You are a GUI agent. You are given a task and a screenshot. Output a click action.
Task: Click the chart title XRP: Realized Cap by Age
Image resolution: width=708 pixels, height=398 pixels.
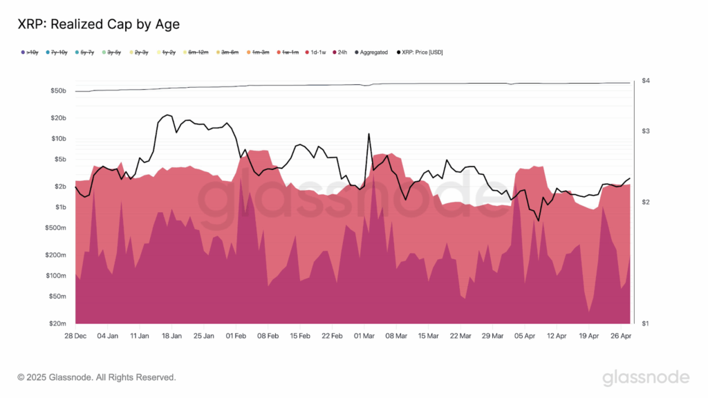pos(98,24)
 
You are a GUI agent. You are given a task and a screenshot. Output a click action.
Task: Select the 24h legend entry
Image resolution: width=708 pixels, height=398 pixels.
pos(340,53)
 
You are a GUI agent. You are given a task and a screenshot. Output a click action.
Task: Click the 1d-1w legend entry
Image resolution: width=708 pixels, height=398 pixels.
pos(317,53)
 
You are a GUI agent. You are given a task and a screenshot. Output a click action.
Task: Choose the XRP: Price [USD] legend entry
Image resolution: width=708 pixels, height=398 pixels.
pos(420,53)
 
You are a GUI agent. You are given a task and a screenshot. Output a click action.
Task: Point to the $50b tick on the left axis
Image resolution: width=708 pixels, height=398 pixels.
pos(58,91)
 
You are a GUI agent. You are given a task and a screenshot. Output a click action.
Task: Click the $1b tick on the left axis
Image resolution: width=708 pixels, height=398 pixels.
pos(60,207)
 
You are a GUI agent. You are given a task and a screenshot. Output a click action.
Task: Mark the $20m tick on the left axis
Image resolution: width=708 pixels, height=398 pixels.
pos(58,323)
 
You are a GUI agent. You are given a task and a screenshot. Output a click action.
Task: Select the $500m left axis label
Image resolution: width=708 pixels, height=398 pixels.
pos(56,227)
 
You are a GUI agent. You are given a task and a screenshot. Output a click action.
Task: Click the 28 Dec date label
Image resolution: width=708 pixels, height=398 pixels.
pos(75,336)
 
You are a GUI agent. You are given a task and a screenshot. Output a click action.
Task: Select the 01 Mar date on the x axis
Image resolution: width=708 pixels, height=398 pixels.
pos(364,336)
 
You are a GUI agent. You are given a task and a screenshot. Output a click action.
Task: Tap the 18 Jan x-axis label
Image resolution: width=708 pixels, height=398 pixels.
pos(171,336)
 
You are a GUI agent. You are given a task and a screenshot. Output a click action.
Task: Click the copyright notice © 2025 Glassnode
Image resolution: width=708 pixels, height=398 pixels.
pos(97,377)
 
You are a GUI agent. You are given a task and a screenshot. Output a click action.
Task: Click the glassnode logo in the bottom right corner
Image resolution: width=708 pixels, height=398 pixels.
pos(646,377)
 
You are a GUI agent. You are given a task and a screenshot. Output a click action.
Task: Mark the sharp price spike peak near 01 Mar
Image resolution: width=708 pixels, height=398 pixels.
pos(369,134)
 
